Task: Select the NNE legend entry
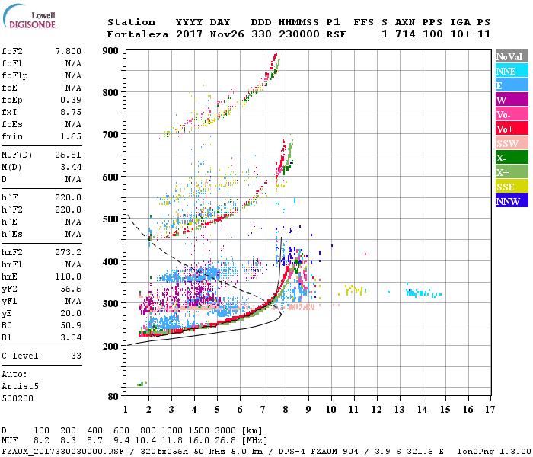pos(511,71)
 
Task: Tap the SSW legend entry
pos(511,143)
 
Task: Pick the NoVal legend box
pos(511,56)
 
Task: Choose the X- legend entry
pos(511,158)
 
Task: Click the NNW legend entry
pos(511,201)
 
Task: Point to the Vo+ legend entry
pos(511,129)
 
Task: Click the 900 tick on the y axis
pos(112,51)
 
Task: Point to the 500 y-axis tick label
pos(112,219)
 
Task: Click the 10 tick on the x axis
pos(331,410)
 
